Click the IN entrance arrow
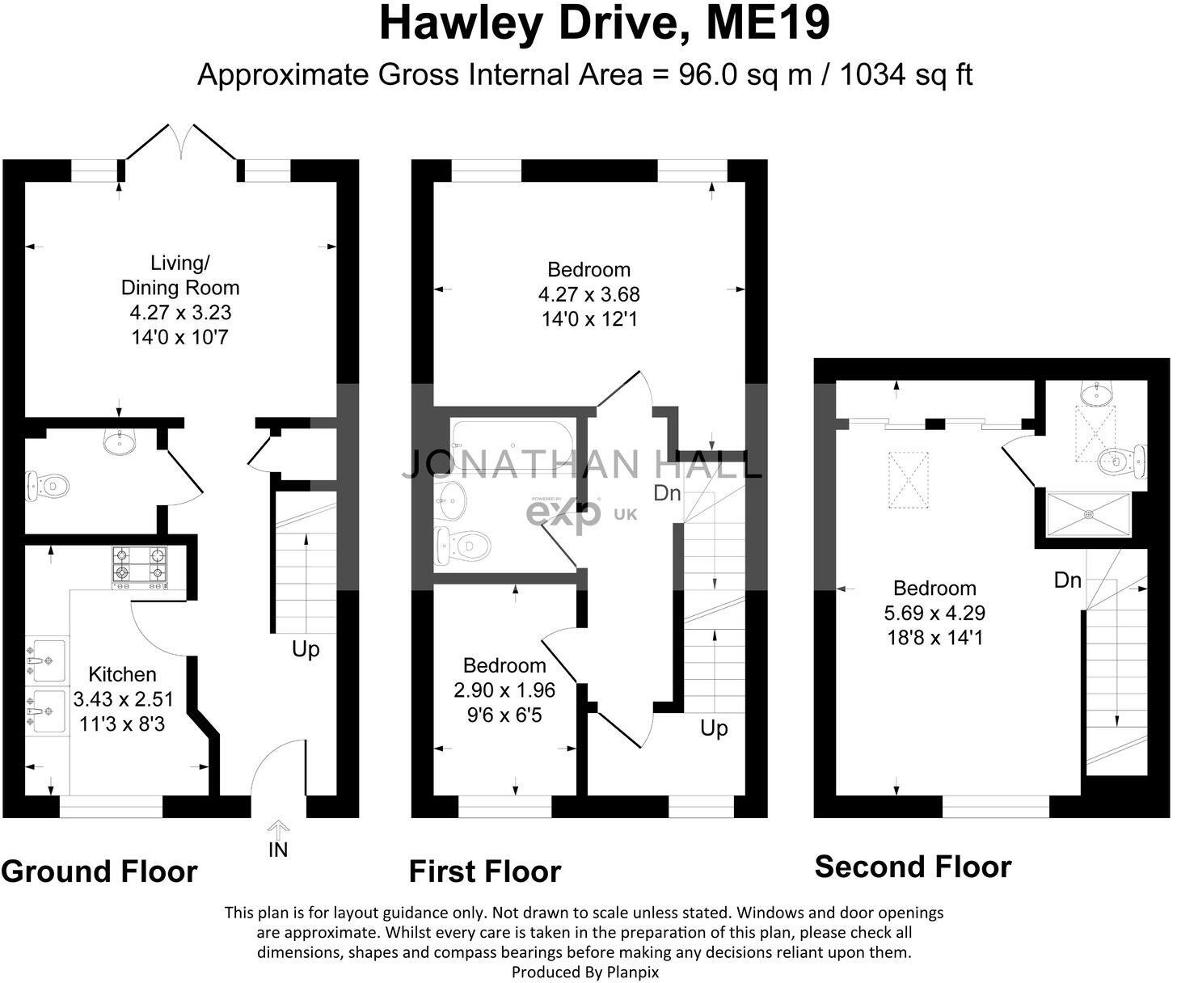pyautogui.click(x=277, y=830)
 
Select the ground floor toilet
pyautogui.click(x=46, y=487)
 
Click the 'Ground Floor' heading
pyautogui.click(x=99, y=871)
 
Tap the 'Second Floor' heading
pyautogui.click(x=913, y=867)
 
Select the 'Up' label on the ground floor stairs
pyautogui.click(x=306, y=649)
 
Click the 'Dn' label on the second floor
pyautogui.click(x=1067, y=580)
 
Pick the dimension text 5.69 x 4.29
pyautogui.click(x=934, y=614)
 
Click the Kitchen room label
pyautogui.click(x=122, y=674)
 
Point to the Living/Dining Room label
pyautogui.click(x=179, y=275)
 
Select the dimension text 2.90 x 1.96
pyautogui.click(x=504, y=690)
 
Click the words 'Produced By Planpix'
pyautogui.click(x=585, y=972)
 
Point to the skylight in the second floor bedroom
pyautogui.click(x=909, y=478)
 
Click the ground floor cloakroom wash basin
pyautogui.click(x=120, y=441)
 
